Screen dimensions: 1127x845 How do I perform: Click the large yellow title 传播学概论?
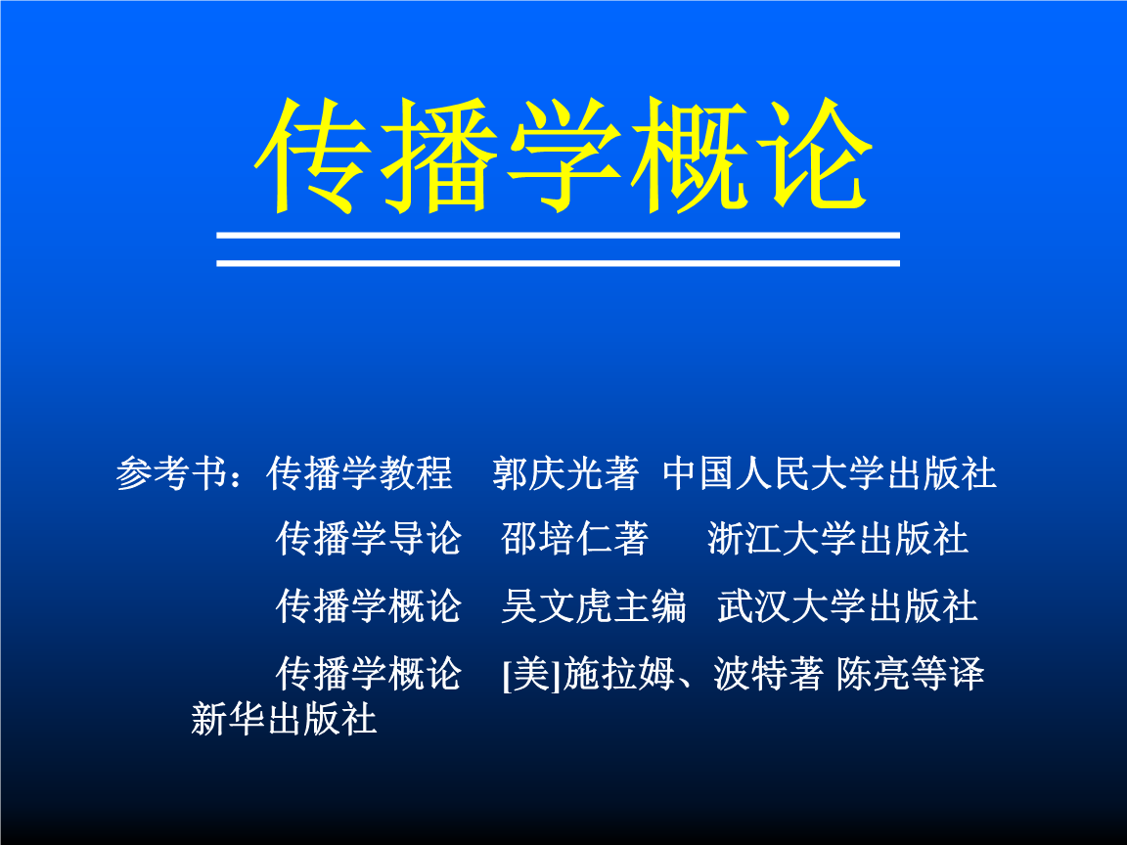coord(563,156)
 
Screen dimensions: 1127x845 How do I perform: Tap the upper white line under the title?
coord(558,235)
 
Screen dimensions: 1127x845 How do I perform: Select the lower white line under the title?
coord(558,263)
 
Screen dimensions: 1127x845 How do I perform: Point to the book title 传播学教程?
coord(359,473)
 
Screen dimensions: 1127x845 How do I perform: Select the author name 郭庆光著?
coord(565,473)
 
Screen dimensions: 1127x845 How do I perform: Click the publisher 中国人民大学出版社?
coord(830,473)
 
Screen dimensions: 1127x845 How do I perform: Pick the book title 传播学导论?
coord(369,538)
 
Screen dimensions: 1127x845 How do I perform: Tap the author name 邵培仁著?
coord(575,538)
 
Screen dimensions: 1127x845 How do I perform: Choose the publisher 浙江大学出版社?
coord(838,538)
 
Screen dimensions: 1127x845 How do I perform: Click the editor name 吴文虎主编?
coord(594,605)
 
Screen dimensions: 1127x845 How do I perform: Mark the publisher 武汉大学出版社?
coord(847,605)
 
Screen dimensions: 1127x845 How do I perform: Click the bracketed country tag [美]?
coord(531,674)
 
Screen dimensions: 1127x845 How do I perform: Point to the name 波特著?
coord(768,674)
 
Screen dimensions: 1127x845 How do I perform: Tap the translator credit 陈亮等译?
coord(910,674)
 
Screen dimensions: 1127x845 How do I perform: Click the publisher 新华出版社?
coord(284,719)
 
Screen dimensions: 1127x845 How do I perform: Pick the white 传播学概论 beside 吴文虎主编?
coord(369,605)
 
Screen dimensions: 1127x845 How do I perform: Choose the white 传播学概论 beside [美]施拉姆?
coord(369,674)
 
